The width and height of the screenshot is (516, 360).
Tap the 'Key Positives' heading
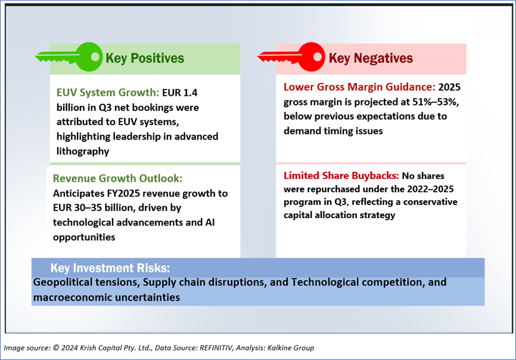145,58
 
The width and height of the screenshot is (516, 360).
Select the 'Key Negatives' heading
371,58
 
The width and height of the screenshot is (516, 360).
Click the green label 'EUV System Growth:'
108,93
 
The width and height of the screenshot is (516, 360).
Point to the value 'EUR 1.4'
180,92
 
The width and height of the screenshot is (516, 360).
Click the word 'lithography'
83,151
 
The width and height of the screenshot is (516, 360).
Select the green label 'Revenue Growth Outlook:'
117,178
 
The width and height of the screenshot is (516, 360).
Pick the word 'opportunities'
84,237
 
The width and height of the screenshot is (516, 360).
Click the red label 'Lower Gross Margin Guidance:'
359,87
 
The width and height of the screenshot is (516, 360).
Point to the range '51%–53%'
435,102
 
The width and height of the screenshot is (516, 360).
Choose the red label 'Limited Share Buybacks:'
341,176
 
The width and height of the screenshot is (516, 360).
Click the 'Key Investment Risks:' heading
110,268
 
